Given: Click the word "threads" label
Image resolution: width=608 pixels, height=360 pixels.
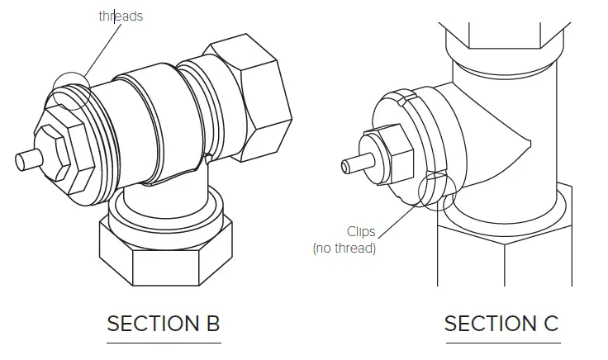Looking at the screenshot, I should [121, 16].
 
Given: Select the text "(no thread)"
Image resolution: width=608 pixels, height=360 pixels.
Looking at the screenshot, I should [344, 249].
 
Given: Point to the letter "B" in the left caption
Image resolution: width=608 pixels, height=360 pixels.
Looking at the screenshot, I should [211, 323].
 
